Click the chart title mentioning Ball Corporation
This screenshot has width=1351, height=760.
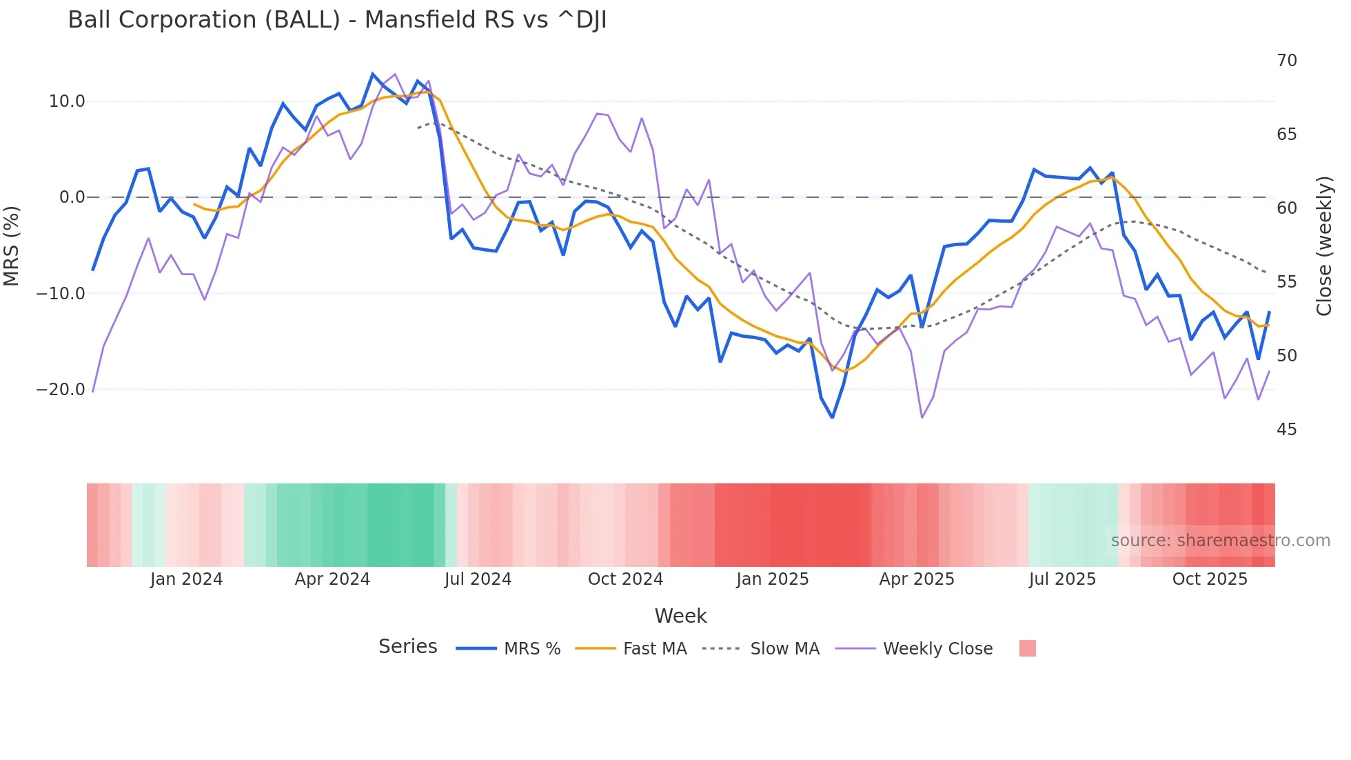click(337, 20)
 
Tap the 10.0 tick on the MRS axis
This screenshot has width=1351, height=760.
click(67, 101)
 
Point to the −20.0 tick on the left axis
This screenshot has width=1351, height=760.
click(61, 390)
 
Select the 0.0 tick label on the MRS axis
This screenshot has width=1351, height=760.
click(72, 197)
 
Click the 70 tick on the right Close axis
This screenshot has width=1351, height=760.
click(1286, 61)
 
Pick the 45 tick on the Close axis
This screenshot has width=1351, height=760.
click(1286, 430)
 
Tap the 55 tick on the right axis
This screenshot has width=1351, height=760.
click(1286, 282)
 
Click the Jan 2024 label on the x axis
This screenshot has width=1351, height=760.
click(186, 579)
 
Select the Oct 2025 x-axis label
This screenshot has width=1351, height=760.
click(1210, 579)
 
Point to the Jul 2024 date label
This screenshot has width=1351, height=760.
click(478, 579)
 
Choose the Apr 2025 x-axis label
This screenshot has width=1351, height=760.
click(917, 579)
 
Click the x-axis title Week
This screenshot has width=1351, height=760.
click(680, 616)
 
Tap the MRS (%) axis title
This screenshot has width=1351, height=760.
click(12, 246)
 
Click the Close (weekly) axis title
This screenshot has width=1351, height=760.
click(1323, 246)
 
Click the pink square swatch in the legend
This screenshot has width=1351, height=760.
click(1027, 648)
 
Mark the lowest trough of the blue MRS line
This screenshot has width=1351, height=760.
click(832, 417)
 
